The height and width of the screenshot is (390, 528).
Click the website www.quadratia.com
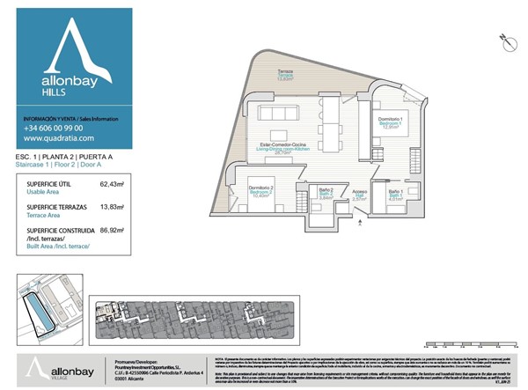58,138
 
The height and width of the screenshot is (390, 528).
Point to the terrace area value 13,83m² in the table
111,208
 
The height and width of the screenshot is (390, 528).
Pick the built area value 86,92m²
111,231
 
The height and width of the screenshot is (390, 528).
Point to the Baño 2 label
325,192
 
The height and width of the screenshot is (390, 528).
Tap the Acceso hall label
359,195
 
